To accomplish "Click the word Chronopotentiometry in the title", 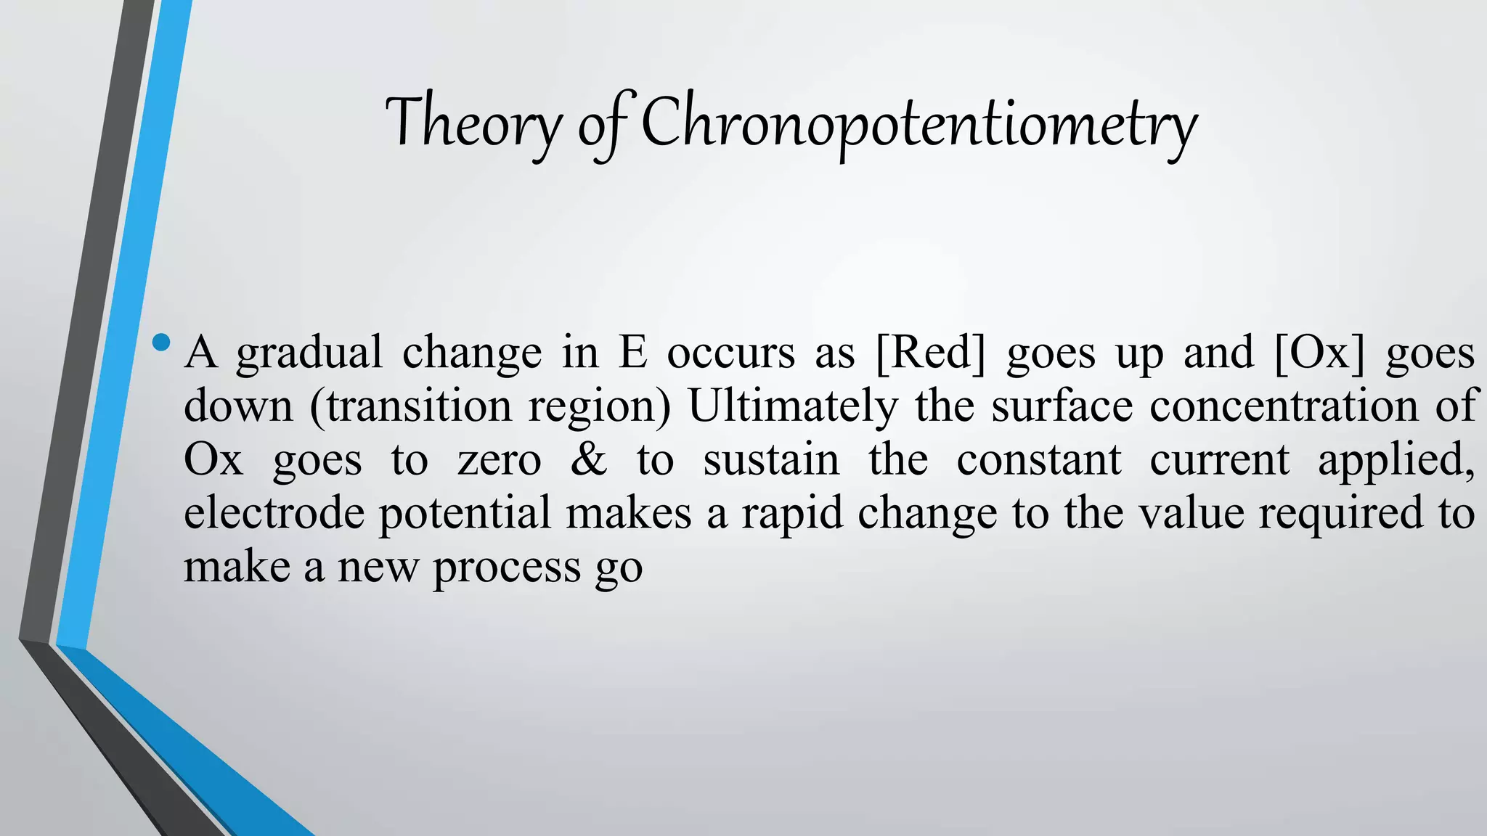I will (x=918, y=123).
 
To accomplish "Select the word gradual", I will (x=309, y=353).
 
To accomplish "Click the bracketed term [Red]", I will (x=931, y=353).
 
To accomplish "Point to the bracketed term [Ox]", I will (x=1319, y=353).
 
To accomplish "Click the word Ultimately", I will (x=792, y=406).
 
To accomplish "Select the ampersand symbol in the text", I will (x=588, y=460).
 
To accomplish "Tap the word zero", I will (x=500, y=460).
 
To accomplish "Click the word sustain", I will (x=770, y=460).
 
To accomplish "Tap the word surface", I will (x=1062, y=406).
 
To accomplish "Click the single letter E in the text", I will (x=632, y=353).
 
